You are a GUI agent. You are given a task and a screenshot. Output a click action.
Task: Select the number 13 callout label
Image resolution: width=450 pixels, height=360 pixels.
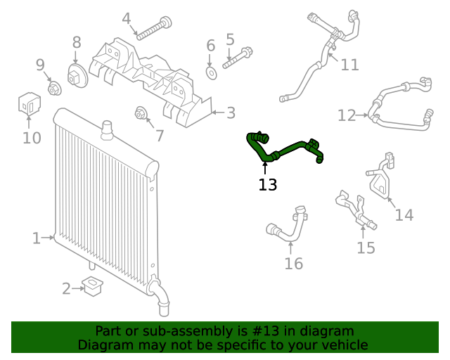coord(268,185)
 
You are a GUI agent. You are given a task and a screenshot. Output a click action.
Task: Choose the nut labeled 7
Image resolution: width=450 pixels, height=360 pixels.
coord(140,113)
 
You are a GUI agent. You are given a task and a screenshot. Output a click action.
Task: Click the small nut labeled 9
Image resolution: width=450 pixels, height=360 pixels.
coord(53,88)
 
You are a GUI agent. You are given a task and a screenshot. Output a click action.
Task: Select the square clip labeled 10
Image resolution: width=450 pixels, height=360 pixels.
coord(27,104)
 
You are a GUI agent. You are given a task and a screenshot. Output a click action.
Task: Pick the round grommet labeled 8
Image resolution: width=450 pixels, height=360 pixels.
coord(76,75)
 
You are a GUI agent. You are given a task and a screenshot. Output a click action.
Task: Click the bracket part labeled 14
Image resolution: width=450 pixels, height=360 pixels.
coord(380,179)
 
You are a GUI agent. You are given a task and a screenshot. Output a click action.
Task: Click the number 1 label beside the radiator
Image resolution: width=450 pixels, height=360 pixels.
coord(37,238)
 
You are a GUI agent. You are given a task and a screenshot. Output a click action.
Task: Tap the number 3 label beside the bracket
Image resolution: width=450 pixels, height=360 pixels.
coord(231,112)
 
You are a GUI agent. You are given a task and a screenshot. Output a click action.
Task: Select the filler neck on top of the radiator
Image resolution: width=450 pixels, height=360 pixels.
coord(107,128)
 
